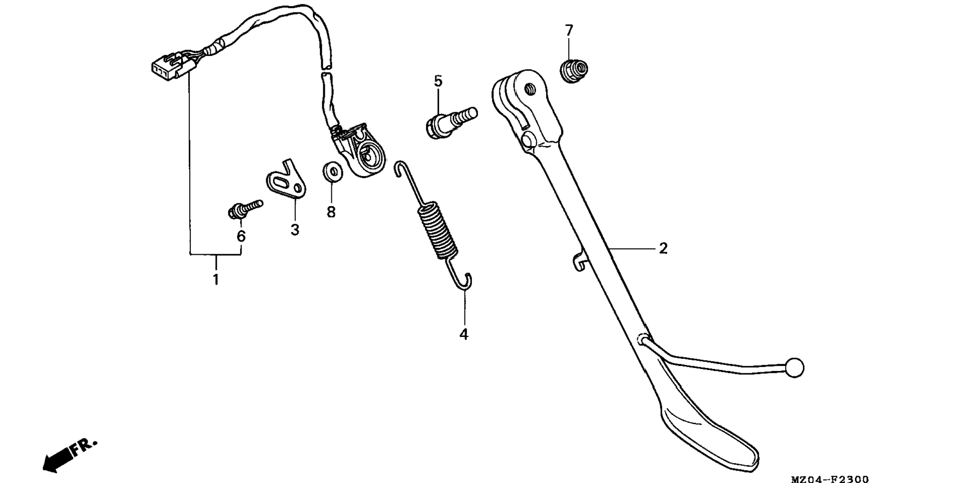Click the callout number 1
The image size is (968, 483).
tap(216, 279)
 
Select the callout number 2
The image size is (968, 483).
tap(663, 248)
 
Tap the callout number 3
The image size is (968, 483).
tap(295, 230)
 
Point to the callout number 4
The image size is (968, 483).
tap(464, 334)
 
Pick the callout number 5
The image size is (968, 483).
tap(438, 81)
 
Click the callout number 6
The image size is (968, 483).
tap(241, 236)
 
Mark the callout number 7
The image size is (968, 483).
tap(569, 31)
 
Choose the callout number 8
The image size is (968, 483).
tap(331, 212)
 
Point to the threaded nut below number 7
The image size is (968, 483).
tap(574, 71)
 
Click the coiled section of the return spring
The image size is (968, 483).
tap(437, 230)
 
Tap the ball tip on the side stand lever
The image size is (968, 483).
tap(794, 368)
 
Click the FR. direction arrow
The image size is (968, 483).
tap(68, 455)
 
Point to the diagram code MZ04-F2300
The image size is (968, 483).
tap(829, 479)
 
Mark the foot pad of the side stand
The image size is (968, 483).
tap(711, 435)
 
